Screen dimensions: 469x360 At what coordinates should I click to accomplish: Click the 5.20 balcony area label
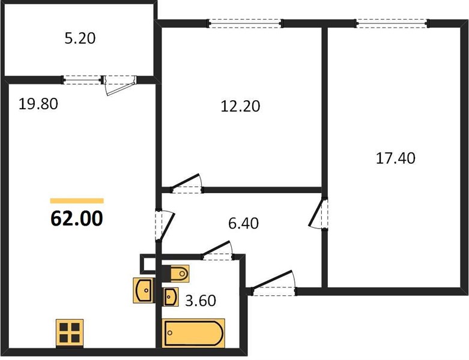click(80, 38)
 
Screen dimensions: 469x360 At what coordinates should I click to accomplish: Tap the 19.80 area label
click(38, 104)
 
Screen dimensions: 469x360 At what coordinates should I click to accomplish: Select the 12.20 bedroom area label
click(240, 106)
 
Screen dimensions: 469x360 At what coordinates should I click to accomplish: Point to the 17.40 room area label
click(395, 158)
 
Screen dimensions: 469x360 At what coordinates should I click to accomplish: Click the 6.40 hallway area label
click(243, 223)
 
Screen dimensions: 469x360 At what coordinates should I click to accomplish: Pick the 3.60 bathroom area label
click(201, 301)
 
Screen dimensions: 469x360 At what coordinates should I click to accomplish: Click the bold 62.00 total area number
click(77, 218)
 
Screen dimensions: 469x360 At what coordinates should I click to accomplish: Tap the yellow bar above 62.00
click(77, 201)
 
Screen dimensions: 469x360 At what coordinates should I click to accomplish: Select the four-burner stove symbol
click(70, 333)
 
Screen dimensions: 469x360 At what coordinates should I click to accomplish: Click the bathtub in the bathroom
click(193, 333)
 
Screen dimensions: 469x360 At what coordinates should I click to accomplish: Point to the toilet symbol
click(176, 273)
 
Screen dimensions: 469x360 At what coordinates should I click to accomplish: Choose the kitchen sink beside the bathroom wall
click(144, 290)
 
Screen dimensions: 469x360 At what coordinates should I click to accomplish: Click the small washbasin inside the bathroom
click(170, 296)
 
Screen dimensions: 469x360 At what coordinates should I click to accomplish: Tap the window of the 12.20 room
click(245, 23)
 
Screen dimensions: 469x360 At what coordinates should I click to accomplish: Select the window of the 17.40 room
click(392, 23)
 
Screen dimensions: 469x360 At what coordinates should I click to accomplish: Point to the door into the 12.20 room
click(186, 182)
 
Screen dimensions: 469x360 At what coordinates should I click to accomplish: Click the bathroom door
click(217, 250)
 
